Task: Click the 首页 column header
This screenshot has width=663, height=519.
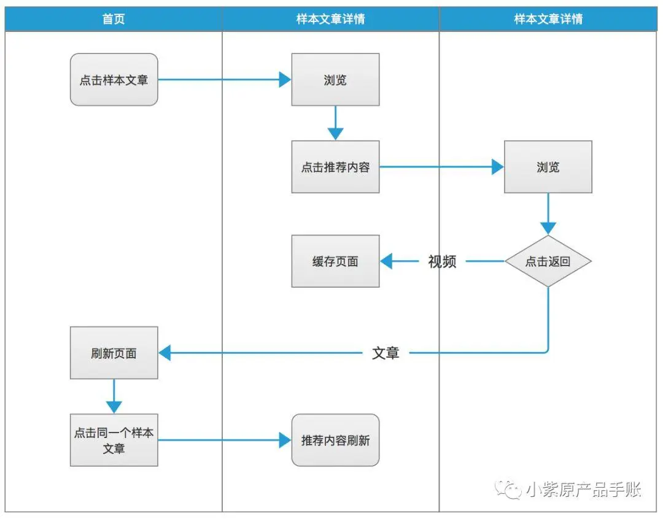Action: coord(114,19)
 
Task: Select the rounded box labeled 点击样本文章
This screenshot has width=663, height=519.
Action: coord(114,80)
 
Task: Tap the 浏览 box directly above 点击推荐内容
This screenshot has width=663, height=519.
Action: coord(335,80)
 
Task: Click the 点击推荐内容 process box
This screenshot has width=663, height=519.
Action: coord(335,167)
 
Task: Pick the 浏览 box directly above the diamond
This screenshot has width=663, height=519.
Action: coord(548,167)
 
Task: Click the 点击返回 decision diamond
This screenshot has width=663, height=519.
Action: coord(548,261)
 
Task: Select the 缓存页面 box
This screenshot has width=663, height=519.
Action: coord(335,261)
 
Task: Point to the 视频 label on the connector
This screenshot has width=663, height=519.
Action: coord(442,261)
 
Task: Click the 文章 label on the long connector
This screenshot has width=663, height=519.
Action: coord(386,353)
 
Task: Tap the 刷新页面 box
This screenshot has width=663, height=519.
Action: coord(114,353)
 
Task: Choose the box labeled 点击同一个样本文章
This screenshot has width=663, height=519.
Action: coord(114,440)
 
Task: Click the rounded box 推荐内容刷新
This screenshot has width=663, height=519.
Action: coord(335,440)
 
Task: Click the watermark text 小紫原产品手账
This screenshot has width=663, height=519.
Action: coord(584,489)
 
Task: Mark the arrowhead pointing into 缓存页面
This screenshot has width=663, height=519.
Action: coord(386,261)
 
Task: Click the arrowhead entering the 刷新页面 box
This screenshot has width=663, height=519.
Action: coord(165,353)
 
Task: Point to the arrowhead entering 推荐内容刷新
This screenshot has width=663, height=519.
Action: coord(285,440)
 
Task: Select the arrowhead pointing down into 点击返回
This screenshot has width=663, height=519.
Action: coord(548,228)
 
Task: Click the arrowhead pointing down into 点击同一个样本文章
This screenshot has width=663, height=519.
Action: coord(114,406)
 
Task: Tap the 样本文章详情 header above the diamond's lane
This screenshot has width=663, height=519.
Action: coord(548,19)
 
